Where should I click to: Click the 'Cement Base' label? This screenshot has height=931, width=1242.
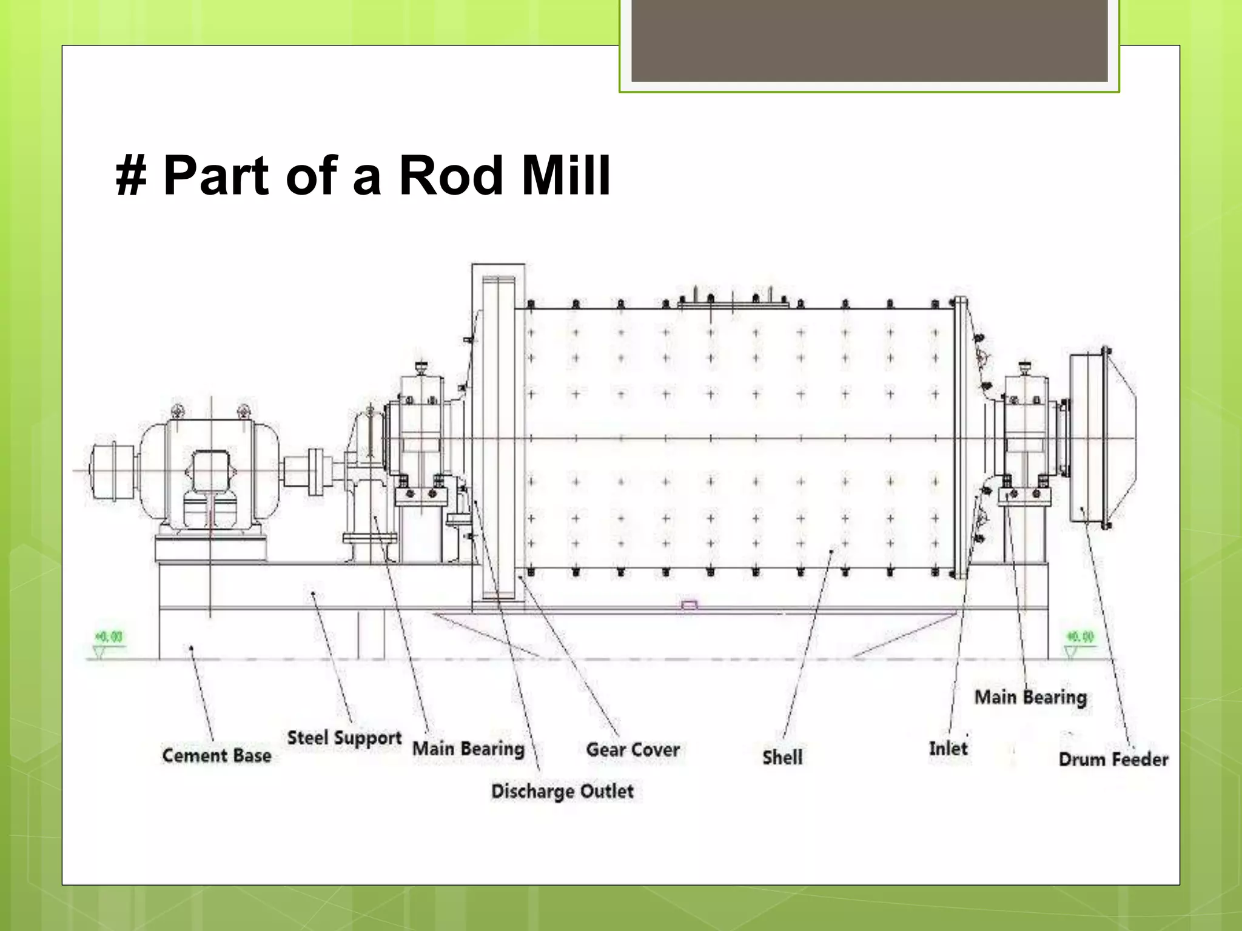pyautogui.click(x=217, y=756)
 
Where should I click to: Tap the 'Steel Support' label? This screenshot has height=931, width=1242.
pyautogui.click(x=344, y=738)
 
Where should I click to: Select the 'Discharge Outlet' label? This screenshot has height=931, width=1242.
pyautogui.click(x=562, y=792)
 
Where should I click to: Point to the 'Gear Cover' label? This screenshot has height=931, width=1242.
pyautogui.click(x=633, y=750)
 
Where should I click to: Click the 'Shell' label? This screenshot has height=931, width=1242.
pyautogui.click(x=782, y=758)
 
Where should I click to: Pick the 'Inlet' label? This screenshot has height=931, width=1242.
pyautogui.click(x=948, y=749)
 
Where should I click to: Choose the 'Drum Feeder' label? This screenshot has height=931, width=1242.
pyautogui.click(x=1113, y=759)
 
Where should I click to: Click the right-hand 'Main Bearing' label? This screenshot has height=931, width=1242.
pyautogui.click(x=1030, y=698)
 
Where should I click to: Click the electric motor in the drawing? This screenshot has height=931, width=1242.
pyautogui.click(x=209, y=473)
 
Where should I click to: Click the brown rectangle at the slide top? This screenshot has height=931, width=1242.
pyautogui.click(x=869, y=40)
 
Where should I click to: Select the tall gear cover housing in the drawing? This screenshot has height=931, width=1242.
pyautogui.click(x=498, y=433)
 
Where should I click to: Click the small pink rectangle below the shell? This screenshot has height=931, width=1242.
pyautogui.click(x=690, y=605)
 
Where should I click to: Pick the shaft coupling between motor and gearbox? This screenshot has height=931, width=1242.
pyautogui.click(x=315, y=472)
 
